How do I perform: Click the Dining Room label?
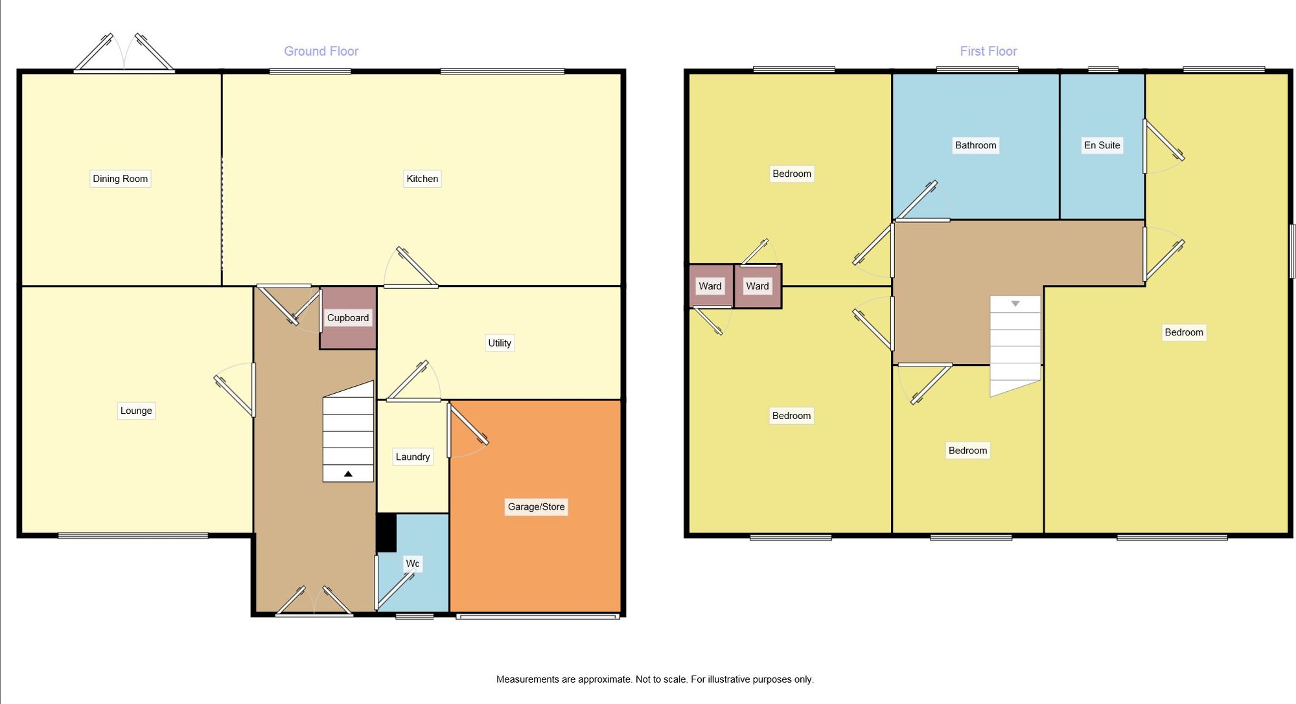[120, 179]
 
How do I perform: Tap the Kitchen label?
[422, 179]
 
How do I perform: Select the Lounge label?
[136, 411]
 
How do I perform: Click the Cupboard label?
[348, 318]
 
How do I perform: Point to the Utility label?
[500, 343]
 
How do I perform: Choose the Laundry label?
[413, 457]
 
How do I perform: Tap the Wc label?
[413, 563]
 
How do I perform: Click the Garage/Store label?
[536, 506]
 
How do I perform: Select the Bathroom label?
[975, 145]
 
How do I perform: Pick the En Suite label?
[1102, 145]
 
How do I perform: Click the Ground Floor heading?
[321, 51]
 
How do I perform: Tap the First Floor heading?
[988, 51]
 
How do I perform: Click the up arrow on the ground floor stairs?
[348, 474]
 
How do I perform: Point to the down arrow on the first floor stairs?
[1015, 304]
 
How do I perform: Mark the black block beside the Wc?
[386, 532]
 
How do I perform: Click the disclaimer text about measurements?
[654, 679]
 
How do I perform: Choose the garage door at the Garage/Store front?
[537, 617]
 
